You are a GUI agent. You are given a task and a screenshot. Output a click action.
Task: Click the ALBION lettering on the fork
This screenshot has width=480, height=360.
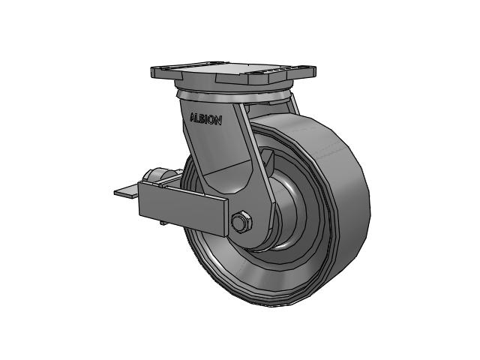(x=205, y=118)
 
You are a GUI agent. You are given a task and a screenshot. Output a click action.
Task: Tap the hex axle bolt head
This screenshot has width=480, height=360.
(x=241, y=222)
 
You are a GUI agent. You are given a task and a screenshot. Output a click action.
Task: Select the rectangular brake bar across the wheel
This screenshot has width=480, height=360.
(x=183, y=208)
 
